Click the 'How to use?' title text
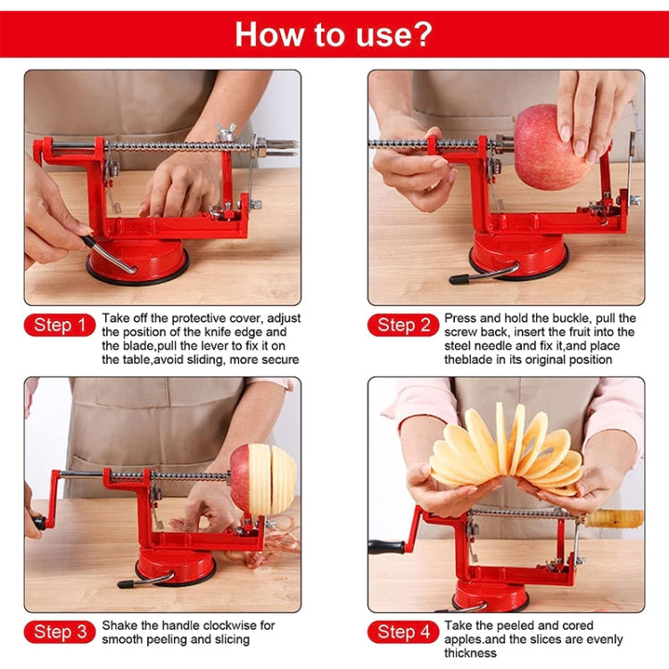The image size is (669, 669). pyautogui.click(x=334, y=34)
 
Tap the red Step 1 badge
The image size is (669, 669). pyautogui.click(x=59, y=326)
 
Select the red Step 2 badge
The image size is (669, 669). pyautogui.click(x=402, y=326)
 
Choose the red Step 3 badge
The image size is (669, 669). pyautogui.click(x=59, y=632)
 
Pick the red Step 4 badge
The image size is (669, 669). pyautogui.click(x=402, y=632)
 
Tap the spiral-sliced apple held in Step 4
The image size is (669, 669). pyautogui.click(x=507, y=450)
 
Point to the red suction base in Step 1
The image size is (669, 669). pyautogui.click(x=138, y=260)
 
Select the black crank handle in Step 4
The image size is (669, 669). pyautogui.click(x=386, y=547)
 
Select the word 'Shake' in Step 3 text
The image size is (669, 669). pyautogui.click(x=120, y=625)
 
